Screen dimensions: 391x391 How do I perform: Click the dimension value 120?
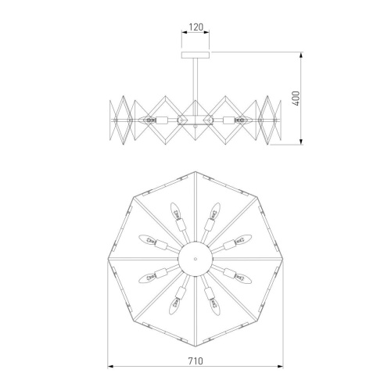click(195, 27)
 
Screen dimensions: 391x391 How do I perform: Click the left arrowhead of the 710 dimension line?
click(109, 367)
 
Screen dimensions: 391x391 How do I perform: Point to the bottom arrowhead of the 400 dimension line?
click(302, 142)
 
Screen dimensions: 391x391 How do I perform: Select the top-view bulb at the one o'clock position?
click(213, 213)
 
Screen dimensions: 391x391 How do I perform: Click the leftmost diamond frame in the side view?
click(120, 120)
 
